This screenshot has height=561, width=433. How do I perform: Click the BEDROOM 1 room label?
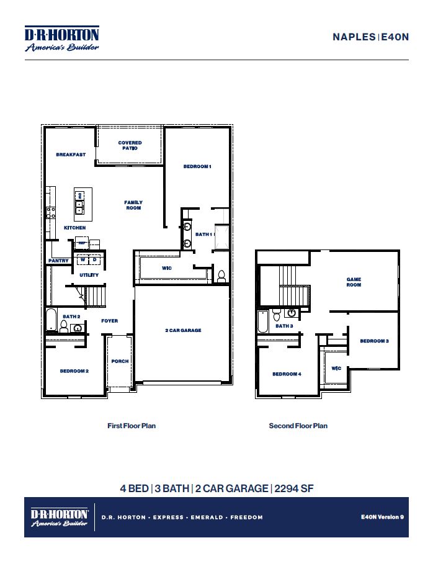click(x=197, y=167)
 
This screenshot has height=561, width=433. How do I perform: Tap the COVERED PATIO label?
click(x=130, y=146)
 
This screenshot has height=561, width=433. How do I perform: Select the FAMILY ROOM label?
click(x=133, y=205)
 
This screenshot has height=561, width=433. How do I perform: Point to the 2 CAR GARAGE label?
click(x=183, y=331)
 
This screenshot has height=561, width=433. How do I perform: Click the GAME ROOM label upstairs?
click(x=354, y=282)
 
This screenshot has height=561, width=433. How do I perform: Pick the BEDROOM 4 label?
click(x=287, y=374)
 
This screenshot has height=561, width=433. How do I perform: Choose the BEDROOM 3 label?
click(x=374, y=341)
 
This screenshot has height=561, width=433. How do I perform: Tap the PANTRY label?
click(x=59, y=261)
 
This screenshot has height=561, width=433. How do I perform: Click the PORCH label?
click(x=120, y=361)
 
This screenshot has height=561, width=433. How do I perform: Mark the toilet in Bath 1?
click(x=221, y=276)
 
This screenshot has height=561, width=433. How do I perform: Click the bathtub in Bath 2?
click(x=51, y=322)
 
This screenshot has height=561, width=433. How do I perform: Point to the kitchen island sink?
click(x=80, y=207)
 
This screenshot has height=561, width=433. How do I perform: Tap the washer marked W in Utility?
click(x=83, y=260)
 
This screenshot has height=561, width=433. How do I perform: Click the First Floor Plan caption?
click(x=132, y=426)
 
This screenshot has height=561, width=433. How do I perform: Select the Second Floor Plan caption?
click(x=298, y=426)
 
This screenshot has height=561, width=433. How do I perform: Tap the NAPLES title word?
click(x=354, y=37)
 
